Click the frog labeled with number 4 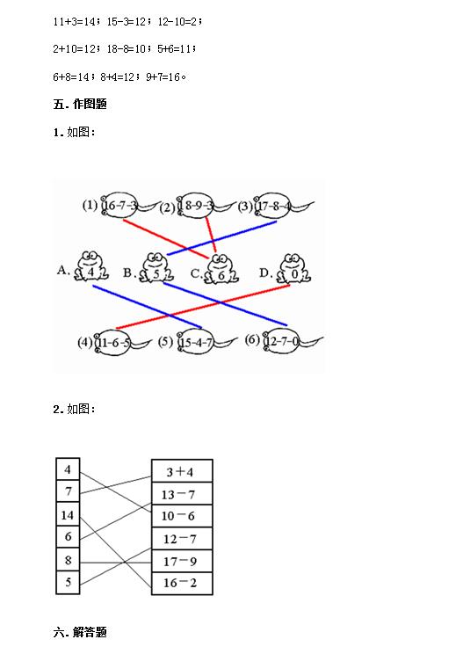(91, 267)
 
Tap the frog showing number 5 (156, 268)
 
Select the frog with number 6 (221, 270)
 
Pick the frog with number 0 (294, 270)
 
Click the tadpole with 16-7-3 (130, 205)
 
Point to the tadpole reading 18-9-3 (206, 206)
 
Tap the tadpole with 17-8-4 (284, 206)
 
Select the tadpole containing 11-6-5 (122, 344)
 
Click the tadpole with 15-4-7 (206, 343)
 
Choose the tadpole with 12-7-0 (293, 342)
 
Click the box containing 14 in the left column (68, 515)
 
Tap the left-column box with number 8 (68, 560)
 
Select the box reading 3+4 (182, 471)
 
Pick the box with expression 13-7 (182, 494)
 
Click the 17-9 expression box (182, 561)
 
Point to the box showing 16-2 (182, 583)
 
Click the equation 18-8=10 (126, 49)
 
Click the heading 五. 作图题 (80, 104)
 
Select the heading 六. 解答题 (80, 632)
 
